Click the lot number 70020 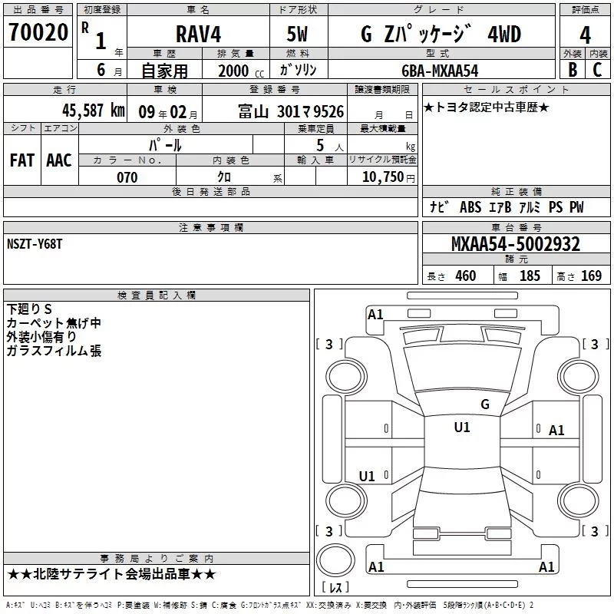pyautogui.click(x=38, y=32)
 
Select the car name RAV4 pyautogui.click(x=198, y=34)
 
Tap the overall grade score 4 pyautogui.click(x=585, y=35)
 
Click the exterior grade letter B pyautogui.click(x=573, y=70)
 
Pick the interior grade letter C pyautogui.click(x=597, y=70)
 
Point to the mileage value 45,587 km pyautogui.click(x=94, y=111)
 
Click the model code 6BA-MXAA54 pyautogui.click(x=440, y=71)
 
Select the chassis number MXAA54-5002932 pyautogui.click(x=516, y=244)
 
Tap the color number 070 pyautogui.click(x=127, y=177)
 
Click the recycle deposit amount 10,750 pyautogui.click(x=382, y=177)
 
